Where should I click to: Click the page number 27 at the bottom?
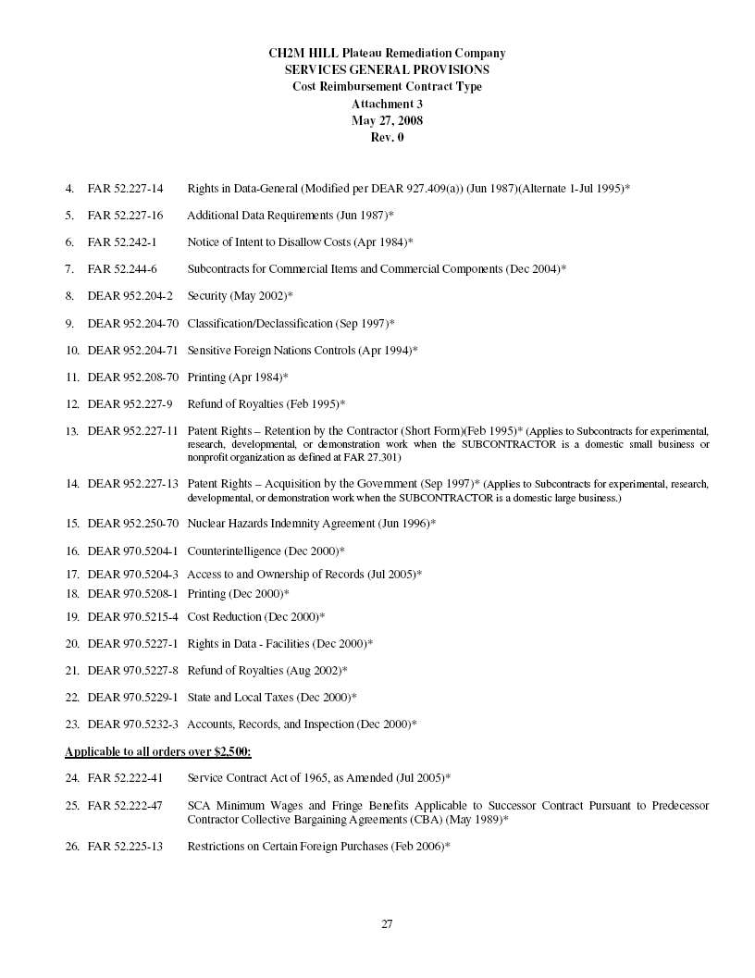pyautogui.click(x=387, y=923)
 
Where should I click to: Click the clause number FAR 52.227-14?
pyautogui.click(x=125, y=189)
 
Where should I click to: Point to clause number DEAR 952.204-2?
pyautogui.click(x=130, y=296)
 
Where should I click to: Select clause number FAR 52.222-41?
pyautogui.click(x=125, y=778)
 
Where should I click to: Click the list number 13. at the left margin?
pyautogui.click(x=71, y=431)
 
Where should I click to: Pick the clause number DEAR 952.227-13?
pyautogui.click(x=133, y=484)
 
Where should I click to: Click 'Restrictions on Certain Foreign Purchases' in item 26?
pyautogui.click(x=288, y=847)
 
